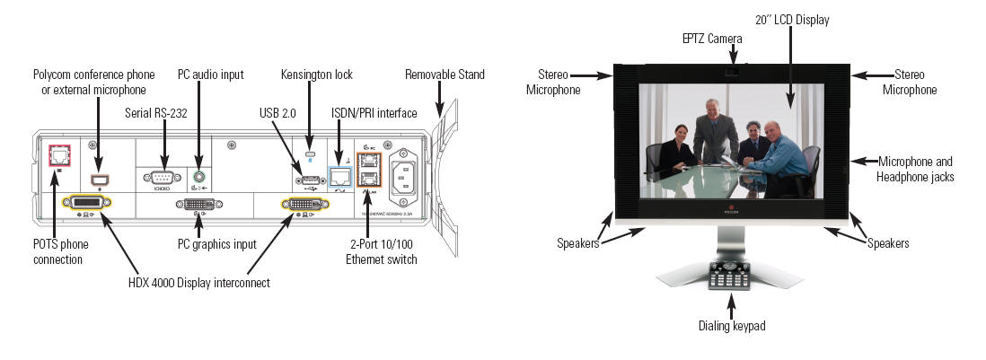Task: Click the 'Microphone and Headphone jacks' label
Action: [914, 169]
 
